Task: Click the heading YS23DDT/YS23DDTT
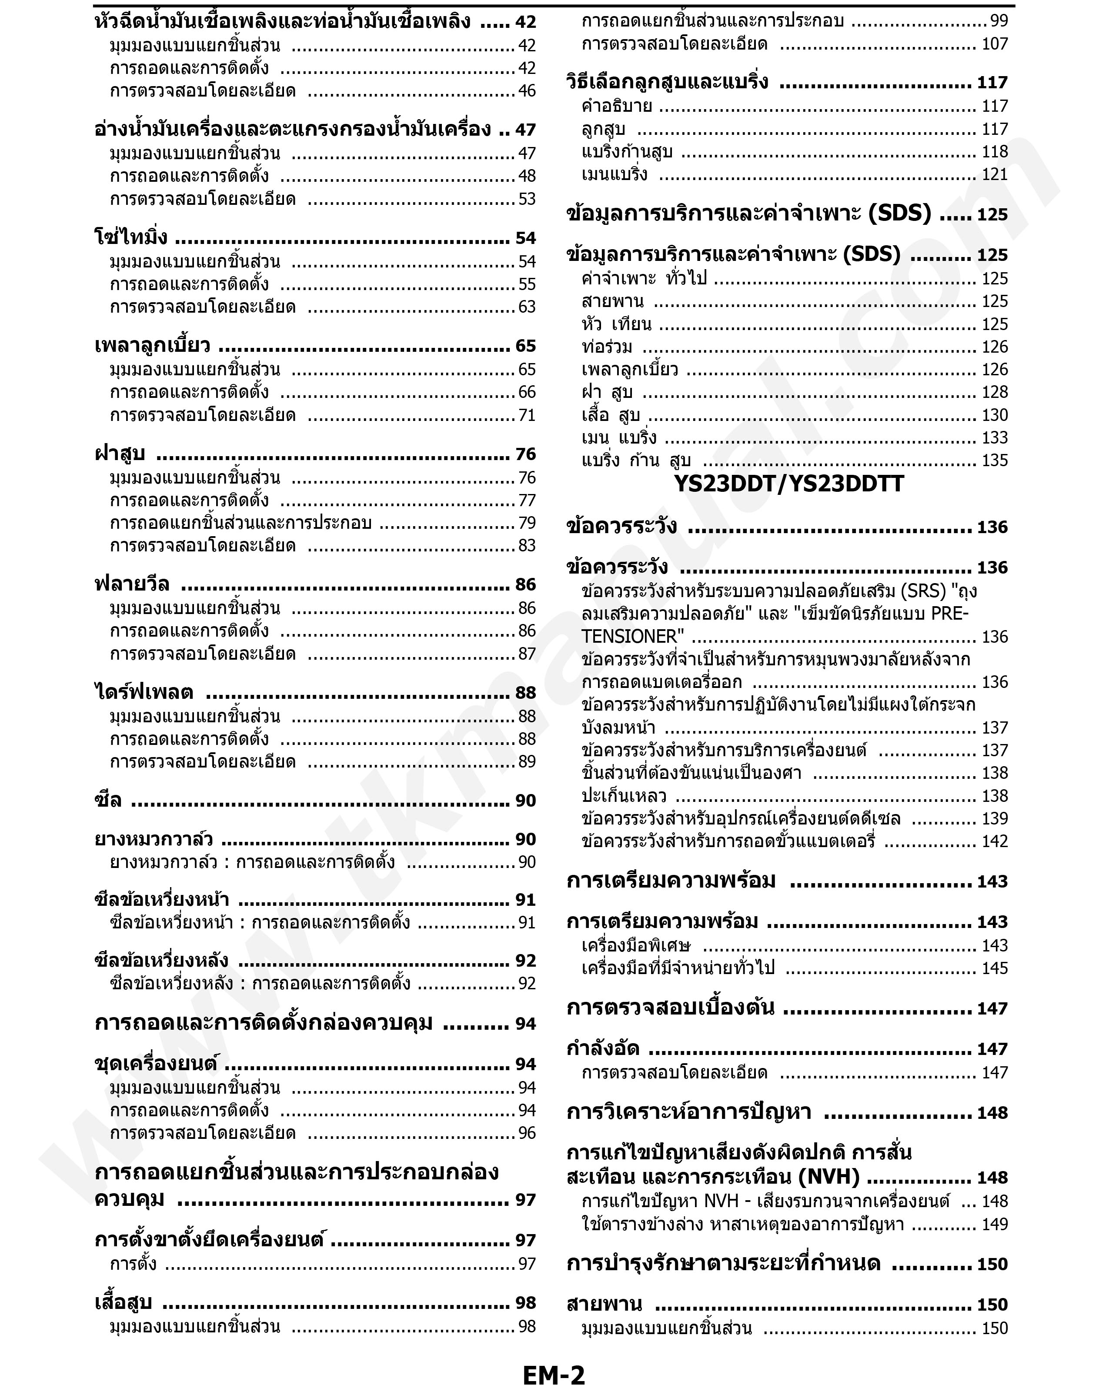[788, 484]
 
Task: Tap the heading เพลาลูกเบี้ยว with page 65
[152, 346]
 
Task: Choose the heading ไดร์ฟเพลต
[144, 692]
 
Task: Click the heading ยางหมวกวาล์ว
[154, 839]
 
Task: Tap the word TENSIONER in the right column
[632, 637]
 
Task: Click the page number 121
[995, 175]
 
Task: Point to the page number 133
[995, 438]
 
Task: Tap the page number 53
[527, 199]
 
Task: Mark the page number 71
[527, 415]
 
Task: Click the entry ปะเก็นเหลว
[624, 796]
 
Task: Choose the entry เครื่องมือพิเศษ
[636, 945]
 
